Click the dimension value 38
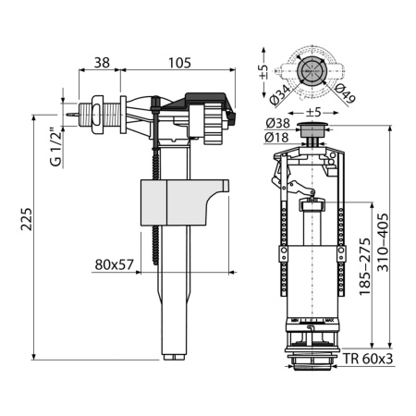[x=102, y=63]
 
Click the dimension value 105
[x=180, y=63]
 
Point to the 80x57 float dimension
[x=115, y=263]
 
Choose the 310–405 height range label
[x=394, y=240]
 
